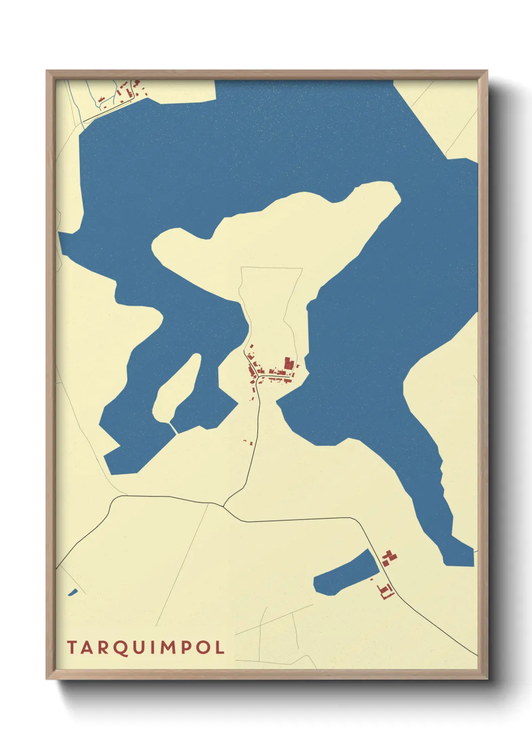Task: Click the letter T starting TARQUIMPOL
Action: [x=72, y=647]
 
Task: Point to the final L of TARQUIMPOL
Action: [x=219, y=647]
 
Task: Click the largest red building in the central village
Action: [x=289, y=363]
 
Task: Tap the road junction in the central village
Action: [x=258, y=377]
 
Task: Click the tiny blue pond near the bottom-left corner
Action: [x=73, y=592]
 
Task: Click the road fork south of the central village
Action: [x=224, y=505]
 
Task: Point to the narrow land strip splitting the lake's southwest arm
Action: [x=173, y=428]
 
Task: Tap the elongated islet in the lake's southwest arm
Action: [x=176, y=388]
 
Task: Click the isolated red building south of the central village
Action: [x=250, y=443]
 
